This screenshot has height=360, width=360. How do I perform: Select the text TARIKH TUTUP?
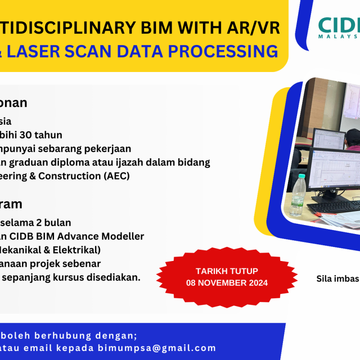click(227, 271)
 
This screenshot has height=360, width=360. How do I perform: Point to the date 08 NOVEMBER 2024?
click(227, 283)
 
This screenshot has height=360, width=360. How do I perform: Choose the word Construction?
click(74, 176)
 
